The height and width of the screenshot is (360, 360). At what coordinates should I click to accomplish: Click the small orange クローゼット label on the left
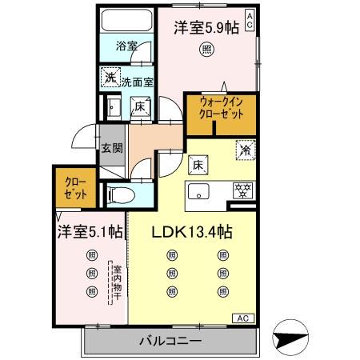73,188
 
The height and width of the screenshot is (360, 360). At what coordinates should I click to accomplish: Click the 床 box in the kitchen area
196,165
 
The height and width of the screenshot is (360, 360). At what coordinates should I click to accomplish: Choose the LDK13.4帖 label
193,233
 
